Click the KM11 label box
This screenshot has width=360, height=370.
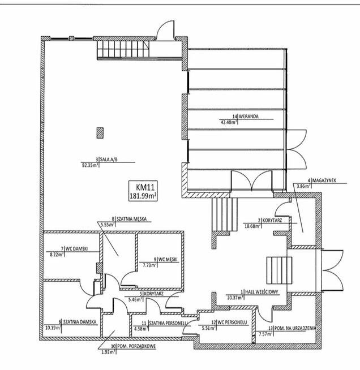tap(143, 191)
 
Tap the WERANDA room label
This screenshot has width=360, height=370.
tap(248, 117)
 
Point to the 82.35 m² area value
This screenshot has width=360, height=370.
tap(90, 165)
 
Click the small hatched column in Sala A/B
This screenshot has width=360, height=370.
tap(100, 133)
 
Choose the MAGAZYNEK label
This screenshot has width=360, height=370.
tap(324, 180)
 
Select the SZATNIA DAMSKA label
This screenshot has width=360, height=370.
tap(80, 322)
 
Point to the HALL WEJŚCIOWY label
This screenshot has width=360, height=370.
tap(262, 292)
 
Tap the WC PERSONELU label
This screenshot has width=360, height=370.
tap(232, 322)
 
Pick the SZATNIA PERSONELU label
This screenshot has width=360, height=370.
tap(168, 323)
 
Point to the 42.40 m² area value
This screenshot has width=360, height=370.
tap(228, 122)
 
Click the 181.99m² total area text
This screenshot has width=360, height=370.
tap(143, 196)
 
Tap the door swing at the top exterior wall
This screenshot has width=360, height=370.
tap(166, 29)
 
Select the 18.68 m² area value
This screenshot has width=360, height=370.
tap(252, 226)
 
